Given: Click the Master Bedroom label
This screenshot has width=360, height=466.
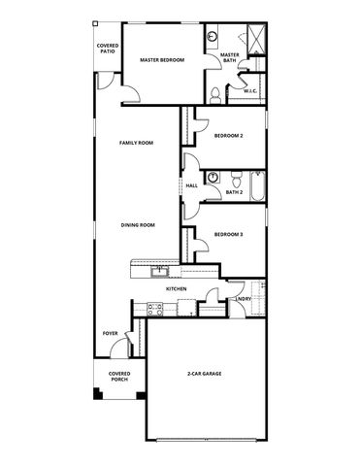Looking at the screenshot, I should [161, 60].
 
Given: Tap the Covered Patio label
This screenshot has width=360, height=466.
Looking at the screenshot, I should [107, 49].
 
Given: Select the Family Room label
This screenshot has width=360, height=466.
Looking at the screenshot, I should [137, 143].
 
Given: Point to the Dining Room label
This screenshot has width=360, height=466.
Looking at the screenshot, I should [138, 225].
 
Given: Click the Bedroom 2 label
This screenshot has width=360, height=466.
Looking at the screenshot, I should [228, 136].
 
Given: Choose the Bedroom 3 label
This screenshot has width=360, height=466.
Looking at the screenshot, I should [228, 234].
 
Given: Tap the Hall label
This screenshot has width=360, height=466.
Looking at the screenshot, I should [191, 185].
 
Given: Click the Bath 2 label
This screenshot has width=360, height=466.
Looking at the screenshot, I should [233, 192].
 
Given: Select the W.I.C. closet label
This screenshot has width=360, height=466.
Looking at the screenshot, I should [249, 91].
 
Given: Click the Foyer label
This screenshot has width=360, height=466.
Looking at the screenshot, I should [111, 333].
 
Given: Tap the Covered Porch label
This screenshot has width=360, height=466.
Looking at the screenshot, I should [118, 376].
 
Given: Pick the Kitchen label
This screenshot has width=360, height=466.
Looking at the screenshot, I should [176, 289].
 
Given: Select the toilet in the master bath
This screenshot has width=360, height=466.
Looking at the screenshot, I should [214, 93].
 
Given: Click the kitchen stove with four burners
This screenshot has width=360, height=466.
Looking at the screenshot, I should [152, 309].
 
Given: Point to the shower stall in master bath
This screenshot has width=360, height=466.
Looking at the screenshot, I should [255, 41].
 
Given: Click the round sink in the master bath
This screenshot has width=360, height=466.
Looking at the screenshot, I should [213, 38].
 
